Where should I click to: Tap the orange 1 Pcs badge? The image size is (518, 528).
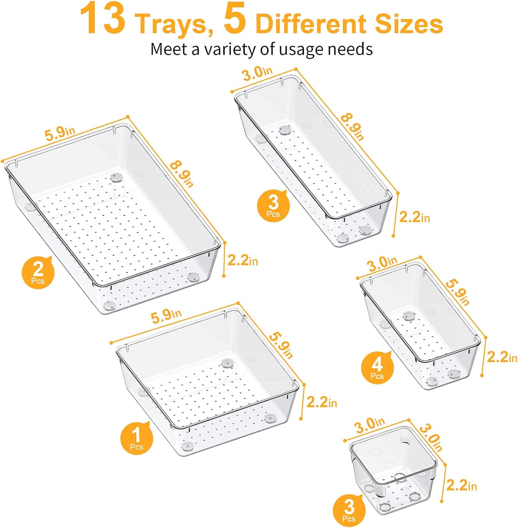[137, 438]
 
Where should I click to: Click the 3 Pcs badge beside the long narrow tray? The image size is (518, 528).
[273, 206]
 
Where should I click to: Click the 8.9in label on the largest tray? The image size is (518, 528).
[182, 175]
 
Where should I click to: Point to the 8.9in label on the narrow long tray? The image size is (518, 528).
[352, 127]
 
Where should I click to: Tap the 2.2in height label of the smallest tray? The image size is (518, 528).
[461, 486]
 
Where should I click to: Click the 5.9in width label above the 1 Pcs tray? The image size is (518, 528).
[166, 316]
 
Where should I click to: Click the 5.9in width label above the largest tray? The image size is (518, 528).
[60, 133]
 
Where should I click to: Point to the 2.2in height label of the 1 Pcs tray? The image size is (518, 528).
[322, 402]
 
